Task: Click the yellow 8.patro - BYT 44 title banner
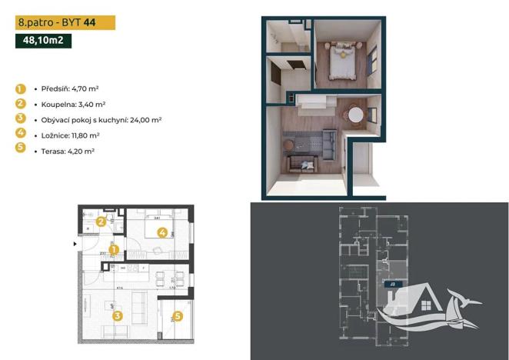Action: tap(65, 24)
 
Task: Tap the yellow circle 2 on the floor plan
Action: tap(101, 222)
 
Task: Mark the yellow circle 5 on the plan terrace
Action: tap(178, 315)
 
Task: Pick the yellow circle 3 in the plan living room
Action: tap(117, 314)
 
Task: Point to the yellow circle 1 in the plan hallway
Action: tap(112, 249)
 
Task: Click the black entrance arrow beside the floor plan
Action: tap(75, 244)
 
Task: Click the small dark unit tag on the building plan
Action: tap(392, 283)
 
